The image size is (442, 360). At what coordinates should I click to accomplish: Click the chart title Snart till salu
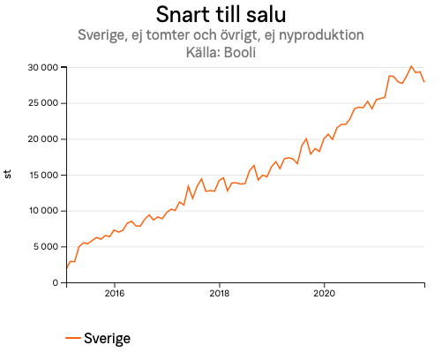pyautogui.click(x=220, y=15)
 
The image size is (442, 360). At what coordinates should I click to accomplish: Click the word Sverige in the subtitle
pyautogui.click(x=101, y=35)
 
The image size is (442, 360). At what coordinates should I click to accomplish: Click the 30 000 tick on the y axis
pyautogui.click(x=41, y=67)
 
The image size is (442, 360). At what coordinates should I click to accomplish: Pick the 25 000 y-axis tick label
pyautogui.click(x=41, y=103)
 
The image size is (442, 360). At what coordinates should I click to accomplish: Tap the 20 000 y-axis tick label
pyautogui.click(x=41, y=139)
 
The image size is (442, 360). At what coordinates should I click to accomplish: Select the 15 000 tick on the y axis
pyautogui.click(x=41, y=175)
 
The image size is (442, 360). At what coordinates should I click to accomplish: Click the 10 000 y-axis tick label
pyautogui.click(x=41, y=211)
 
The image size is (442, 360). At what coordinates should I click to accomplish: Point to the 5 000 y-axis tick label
pyautogui.click(x=46, y=247)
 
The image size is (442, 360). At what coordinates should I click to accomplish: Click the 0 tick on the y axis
pyautogui.click(x=56, y=282)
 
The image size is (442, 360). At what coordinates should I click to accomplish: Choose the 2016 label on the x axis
pyautogui.click(x=114, y=293)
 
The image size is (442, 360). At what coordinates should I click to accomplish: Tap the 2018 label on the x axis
pyautogui.click(x=220, y=293)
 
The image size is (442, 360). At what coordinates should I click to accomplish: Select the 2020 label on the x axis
pyautogui.click(x=326, y=293)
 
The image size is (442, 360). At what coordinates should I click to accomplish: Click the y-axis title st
pyautogui.click(x=8, y=175)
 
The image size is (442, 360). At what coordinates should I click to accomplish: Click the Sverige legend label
pyautogui.click(x=108, y=338)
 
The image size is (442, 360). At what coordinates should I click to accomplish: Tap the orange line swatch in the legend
pyautogui.click(x=73, y=338)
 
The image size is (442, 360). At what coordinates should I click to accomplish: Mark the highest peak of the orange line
pyautogui.click(x=411, y=66)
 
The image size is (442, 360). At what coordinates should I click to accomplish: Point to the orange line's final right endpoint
pyautogui.click(x=424, y=82)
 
